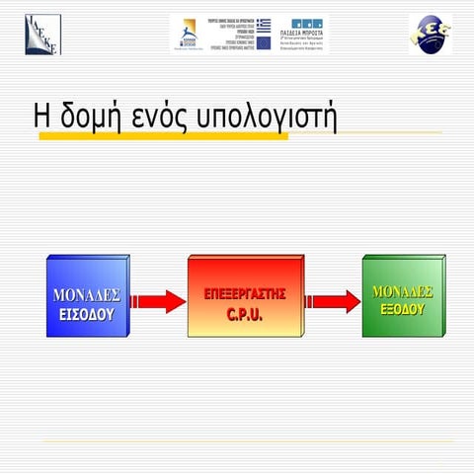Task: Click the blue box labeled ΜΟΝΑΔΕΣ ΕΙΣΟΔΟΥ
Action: [x=87, y=297]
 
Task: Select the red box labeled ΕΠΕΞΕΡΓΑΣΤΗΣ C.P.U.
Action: [x=245, y=296]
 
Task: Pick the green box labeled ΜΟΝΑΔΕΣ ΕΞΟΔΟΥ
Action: [x=402, y=297]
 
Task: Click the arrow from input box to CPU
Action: [x=158, y=301]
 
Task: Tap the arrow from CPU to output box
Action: [x=332, y=301]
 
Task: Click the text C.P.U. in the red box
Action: [x=245, y=315]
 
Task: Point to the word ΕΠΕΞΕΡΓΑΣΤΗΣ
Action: [x=245, y=294]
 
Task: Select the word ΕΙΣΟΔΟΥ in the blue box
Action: [x=86, y=314]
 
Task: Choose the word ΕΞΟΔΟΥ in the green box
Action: [x=402, y=308]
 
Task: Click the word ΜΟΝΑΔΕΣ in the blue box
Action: [x=86, y=295]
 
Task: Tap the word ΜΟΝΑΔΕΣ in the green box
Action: [x=402, y=290]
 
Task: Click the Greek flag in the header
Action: [x=264, y=24]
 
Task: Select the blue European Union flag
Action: [x=264, y=43]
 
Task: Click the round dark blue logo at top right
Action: [x=430, y=34]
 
